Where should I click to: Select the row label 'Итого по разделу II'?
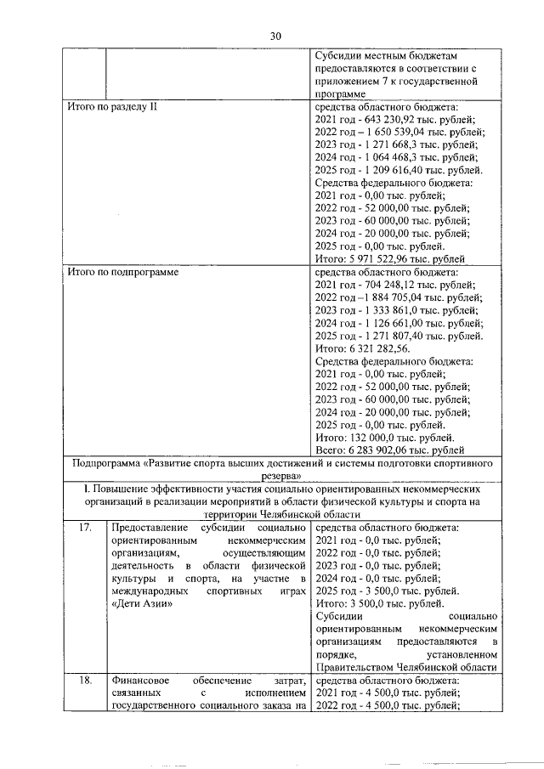(112, 109)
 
